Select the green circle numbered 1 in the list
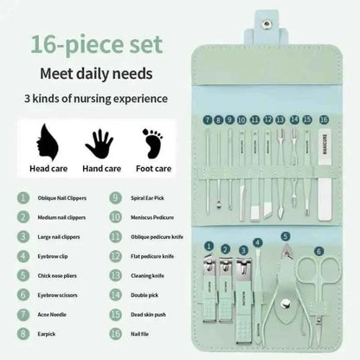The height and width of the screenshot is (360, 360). click(x=19, y=197)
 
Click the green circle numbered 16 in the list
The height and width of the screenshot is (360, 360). click(x=116, y=334)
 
